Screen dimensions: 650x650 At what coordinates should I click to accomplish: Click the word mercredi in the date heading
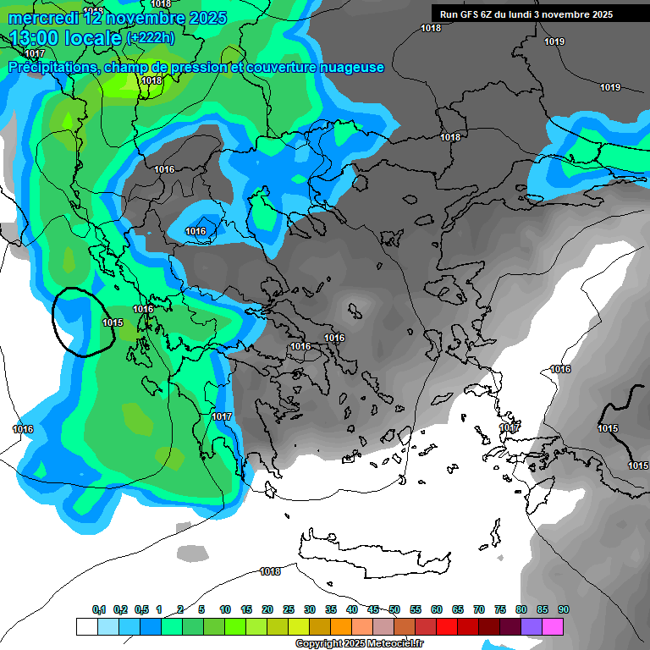pos(43,18)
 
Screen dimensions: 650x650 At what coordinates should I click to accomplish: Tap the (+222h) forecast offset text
pos(150,37)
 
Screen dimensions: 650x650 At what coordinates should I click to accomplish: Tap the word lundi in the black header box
pos(530,14)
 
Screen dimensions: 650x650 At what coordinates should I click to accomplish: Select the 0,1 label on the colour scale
pos(99,610)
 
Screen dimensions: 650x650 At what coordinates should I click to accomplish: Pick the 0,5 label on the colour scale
pos(141,610)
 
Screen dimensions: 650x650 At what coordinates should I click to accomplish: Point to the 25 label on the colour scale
pos(289,610)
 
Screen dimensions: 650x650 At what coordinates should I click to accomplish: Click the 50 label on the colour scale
pos(394,610)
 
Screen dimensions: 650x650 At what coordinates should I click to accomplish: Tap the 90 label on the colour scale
pos(564,610)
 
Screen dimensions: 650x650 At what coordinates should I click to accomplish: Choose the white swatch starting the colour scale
pos(86,626)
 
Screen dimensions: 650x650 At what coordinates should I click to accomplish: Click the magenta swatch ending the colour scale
pos(553,626)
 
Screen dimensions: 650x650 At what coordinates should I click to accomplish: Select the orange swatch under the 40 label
pos(341,626)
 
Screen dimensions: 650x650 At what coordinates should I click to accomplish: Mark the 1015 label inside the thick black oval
pos(113,322)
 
